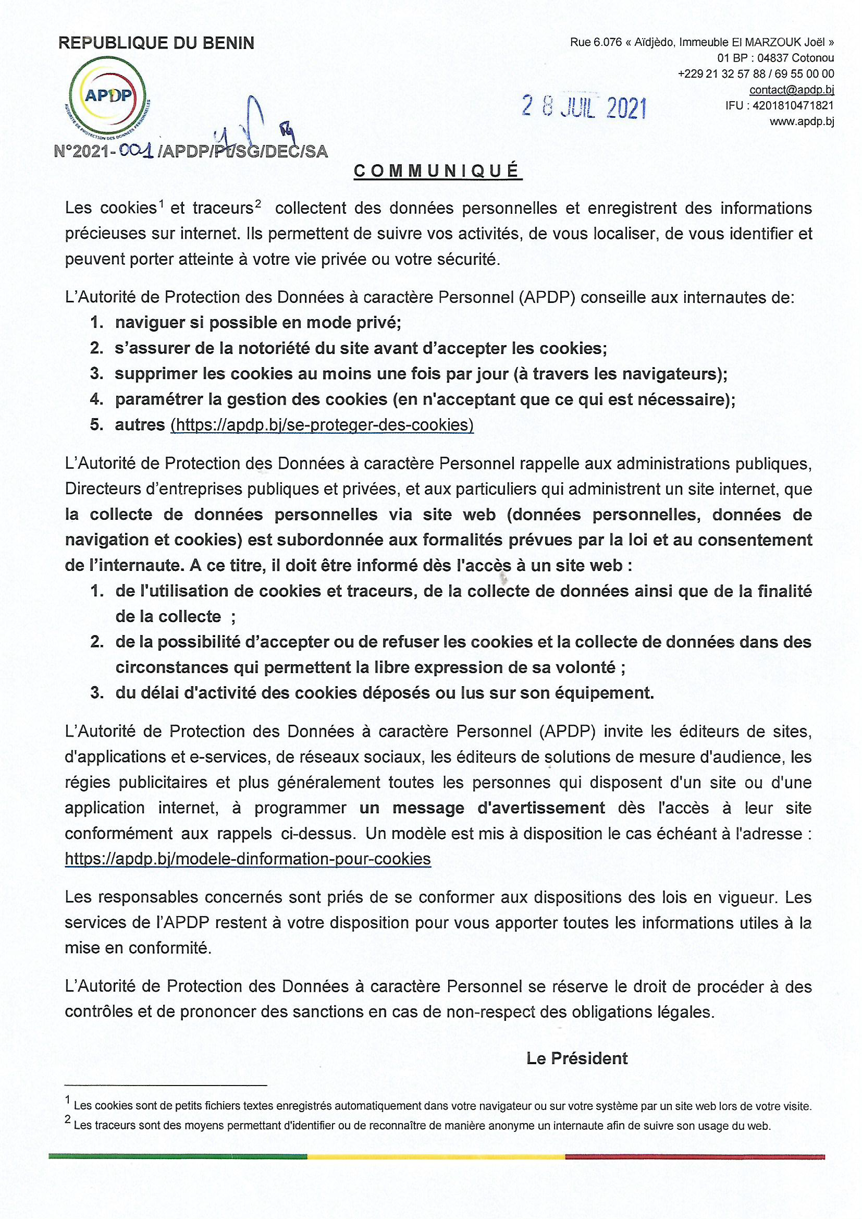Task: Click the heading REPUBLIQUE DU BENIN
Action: [x=156, y=43]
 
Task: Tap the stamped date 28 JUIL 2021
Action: [x=584, y=108]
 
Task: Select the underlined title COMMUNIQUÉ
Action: [x=437, y=171]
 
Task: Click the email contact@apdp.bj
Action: [x=792, y=90]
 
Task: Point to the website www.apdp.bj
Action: [x=802, y=121]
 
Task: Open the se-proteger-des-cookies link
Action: [x=322, y=425]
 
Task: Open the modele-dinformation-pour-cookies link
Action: [x=248, y=859]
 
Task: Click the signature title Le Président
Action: [x=576, y=1058]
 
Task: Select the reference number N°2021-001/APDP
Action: [x=191, y=152]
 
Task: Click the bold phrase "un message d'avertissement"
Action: [x=482, y=808]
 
